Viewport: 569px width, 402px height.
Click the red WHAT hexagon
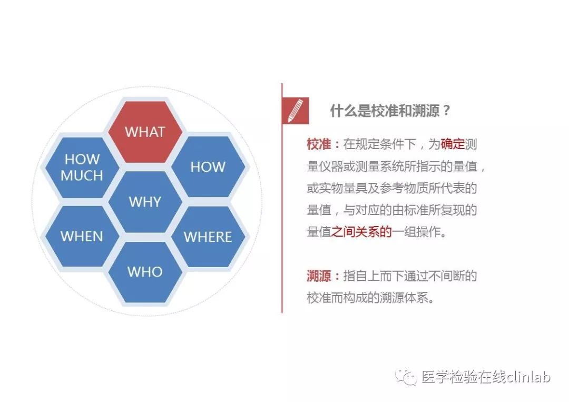145,132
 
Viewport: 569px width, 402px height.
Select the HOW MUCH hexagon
82,167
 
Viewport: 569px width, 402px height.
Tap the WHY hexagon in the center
145,202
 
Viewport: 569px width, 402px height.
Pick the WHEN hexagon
82,236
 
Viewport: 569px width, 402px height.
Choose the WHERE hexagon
208,237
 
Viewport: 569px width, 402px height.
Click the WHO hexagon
145,272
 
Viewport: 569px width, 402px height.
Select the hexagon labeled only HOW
208,167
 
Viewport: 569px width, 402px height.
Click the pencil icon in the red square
296,111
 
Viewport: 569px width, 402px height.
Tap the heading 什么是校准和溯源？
390,111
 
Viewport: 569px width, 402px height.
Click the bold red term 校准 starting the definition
319,144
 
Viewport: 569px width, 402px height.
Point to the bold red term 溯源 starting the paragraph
319,276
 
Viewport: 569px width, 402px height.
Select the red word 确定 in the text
453,144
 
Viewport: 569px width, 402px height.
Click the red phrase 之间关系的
361,232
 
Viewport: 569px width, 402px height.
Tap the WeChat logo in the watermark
406,377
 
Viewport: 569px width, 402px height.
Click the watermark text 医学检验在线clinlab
486,377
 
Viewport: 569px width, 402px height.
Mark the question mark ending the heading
446,111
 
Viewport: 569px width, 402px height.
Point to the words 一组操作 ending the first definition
416,232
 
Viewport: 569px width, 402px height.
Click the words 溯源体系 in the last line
404,298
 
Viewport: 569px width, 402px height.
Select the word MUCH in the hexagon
82,175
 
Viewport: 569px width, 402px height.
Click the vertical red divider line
282,198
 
